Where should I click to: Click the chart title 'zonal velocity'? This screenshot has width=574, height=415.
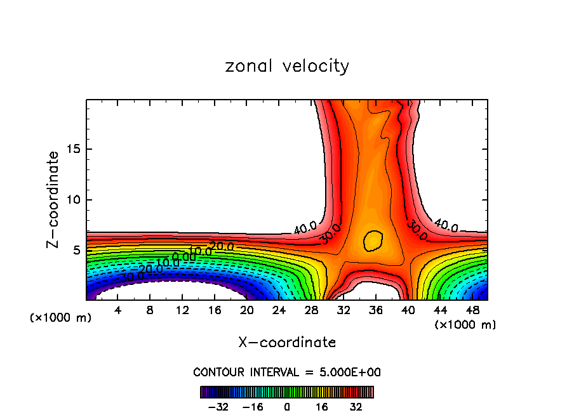click(287, 66)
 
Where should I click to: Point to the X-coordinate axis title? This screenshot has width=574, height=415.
click(287, 343)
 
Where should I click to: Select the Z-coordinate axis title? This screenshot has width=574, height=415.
click(53, 199)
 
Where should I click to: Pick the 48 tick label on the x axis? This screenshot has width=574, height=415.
click(473, 311)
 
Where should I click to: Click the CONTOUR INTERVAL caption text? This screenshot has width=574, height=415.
click(287, 372)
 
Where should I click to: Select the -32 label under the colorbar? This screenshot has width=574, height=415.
click(217, 407)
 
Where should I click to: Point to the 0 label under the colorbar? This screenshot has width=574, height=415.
click(287, 407)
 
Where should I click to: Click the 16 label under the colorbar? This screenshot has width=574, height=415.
click(322, 407)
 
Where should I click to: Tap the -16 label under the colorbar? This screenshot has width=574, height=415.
click(252, 407)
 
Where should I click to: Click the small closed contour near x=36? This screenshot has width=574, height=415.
click(373, 240)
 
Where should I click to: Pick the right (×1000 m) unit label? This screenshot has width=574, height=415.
click(465, 325)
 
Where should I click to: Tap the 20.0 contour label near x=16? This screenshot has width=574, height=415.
click(222, 247)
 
